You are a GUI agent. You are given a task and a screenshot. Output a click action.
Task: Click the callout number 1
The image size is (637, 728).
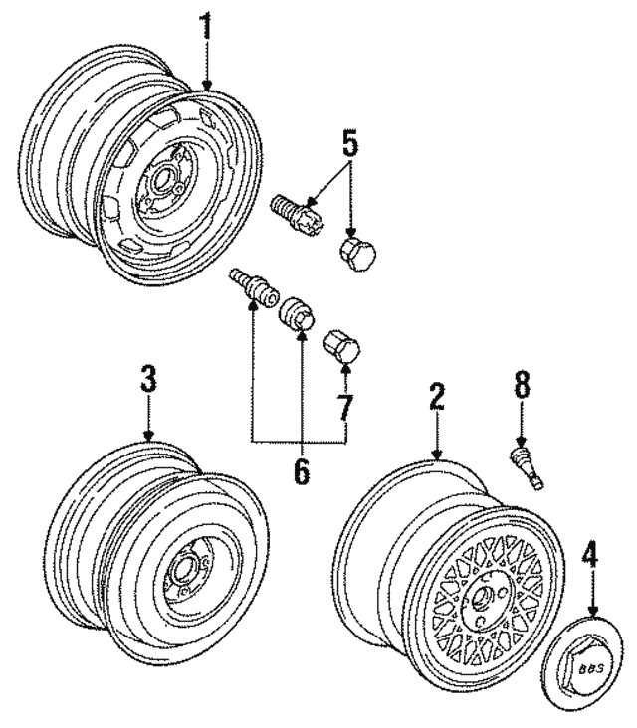(x=206, y=27)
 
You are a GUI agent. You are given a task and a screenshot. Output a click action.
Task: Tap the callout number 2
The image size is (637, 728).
(x=435, y=397)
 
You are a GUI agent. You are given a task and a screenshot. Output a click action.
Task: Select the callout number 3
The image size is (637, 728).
(x=147, y=379)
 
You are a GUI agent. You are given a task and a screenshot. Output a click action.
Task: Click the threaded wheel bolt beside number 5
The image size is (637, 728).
(x=294, y=211)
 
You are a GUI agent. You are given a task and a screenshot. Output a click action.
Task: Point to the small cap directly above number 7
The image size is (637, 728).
(x=344, y=347)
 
